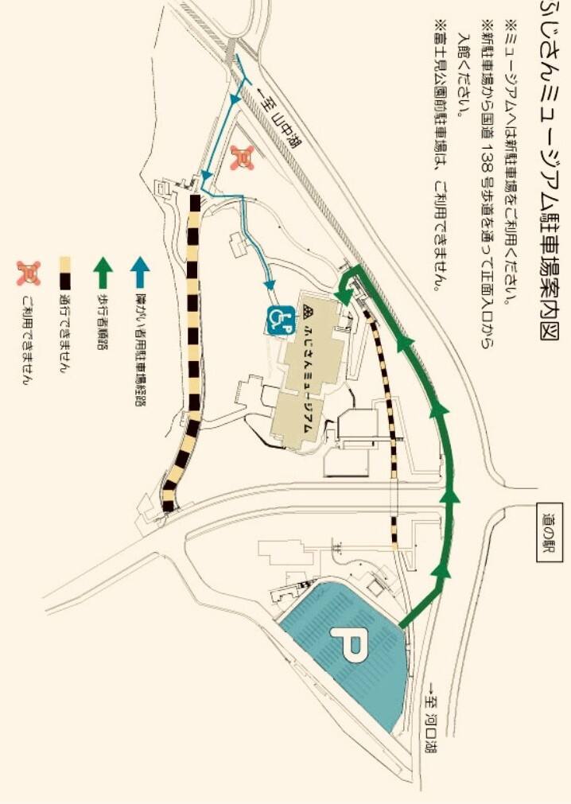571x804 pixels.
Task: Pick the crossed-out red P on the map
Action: pyautogui.click(x=243, y=157)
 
